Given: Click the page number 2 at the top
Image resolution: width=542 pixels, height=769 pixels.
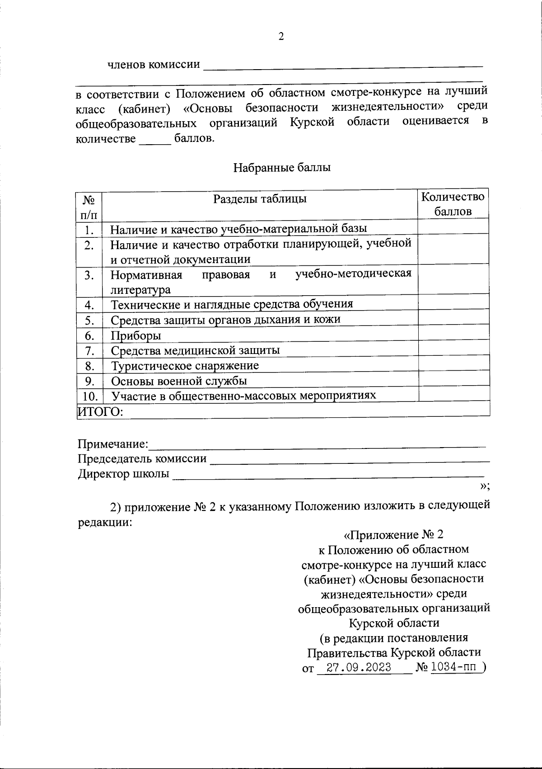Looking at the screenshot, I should tap(281, 37).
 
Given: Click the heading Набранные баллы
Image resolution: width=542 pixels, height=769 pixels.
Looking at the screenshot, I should tap(282, 168).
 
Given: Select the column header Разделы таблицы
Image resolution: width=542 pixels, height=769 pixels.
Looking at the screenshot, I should tap(260, 199).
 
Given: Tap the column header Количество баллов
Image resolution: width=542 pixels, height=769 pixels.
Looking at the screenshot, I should tap(453, 204).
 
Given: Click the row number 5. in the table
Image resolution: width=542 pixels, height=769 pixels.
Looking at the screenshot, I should tap(89, 321).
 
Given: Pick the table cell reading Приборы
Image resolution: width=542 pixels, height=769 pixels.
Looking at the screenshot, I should tap(136, 336).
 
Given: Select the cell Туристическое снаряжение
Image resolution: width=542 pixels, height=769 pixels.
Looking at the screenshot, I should tap(185, 366).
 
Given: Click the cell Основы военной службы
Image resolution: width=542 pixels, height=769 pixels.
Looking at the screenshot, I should tap(179, 381).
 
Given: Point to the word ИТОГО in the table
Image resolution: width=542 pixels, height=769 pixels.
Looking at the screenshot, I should tap(99, 411).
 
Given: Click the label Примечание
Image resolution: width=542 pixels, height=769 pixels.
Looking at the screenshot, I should tap(112, 444).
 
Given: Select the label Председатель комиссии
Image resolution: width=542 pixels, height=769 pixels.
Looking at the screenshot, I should tap(142, 459).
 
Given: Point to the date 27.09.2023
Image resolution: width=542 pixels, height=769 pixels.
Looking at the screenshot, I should tap(359, 668).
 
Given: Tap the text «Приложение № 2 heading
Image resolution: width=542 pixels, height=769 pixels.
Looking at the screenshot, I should tap(393, 535).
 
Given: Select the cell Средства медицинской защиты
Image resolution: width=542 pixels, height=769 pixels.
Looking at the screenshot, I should tap(195, 350).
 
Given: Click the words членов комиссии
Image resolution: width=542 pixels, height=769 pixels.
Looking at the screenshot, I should tap(154, 65).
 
